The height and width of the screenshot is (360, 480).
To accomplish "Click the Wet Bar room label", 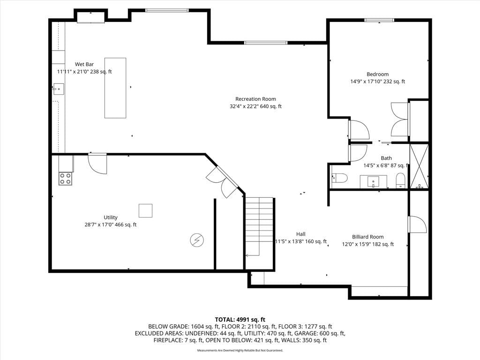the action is (x=84, y=64).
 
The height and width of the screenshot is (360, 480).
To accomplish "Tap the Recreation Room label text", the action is (x=255, y=99).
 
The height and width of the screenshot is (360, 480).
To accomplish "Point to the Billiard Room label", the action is (x=367, y=237).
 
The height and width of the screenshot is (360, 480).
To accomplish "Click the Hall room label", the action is (x=300, y=234).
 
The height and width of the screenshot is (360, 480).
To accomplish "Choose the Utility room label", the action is (x=111, y=217).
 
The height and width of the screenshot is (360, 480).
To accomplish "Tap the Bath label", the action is (x=386, y=158).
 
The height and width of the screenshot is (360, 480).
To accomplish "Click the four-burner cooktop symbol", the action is (x=66, y=179).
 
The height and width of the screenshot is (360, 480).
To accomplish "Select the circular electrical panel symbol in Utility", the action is (x=197, y=240).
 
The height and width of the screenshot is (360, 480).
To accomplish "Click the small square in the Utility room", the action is (x=145, y=210).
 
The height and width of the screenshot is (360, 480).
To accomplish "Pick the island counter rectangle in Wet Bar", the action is (x=115, y=88).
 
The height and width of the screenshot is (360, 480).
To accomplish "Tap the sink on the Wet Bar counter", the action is (x=59, y=89).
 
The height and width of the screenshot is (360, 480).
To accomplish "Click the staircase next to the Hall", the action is (x=259, y=227).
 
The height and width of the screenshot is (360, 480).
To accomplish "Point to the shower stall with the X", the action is (x=419, y=166).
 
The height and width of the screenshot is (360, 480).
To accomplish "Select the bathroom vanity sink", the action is (x=373, y=181).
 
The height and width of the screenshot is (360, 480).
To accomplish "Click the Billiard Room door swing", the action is (x=417, y=225).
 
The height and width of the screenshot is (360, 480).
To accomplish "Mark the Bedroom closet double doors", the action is (x=399, y=120).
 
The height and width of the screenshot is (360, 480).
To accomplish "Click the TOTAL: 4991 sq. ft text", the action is (x=240, y=320).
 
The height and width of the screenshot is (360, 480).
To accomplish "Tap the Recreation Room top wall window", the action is (x=266, y=43).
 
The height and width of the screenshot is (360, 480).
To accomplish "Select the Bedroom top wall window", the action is (x=379, y=20).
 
